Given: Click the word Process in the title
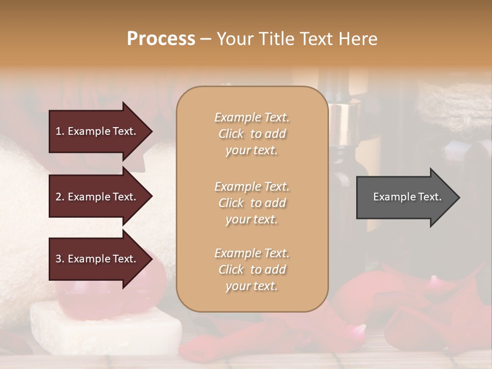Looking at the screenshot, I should click(161, 39).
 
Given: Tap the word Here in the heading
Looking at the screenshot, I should click(357, 39).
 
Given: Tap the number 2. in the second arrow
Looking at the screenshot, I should click(60, 197).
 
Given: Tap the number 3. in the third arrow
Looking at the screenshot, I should click(60, 259).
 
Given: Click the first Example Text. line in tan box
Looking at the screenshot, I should click(252, 117).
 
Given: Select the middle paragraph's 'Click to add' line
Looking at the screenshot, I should click(252, 203).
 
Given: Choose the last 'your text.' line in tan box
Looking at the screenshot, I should click(252, 286).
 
